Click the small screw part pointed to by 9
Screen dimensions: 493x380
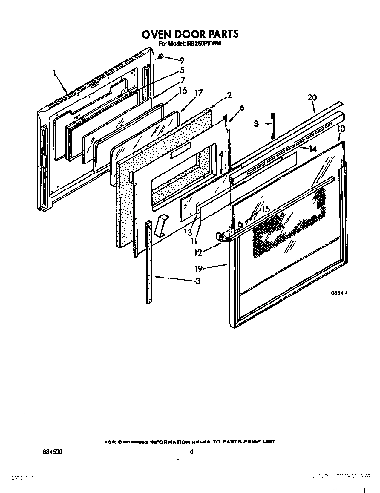pyautogui.click(x=160, y=56)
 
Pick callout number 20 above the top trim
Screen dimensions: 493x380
pyautogui.click(x=312, y=97)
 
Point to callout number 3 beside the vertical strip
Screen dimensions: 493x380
pyautogui.click(x=197, y=281)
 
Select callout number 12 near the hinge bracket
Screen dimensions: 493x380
pyautogui.click(x=198, y=253)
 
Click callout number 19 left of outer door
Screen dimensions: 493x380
pyautogui.click(x=199, y=269)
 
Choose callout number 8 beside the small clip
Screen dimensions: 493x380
pyautogui.click(x=256, y=123)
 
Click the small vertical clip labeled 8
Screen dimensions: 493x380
pyautogui.click(x=272, y=126)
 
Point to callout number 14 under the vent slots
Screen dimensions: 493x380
pyautogui.click(x=313, y=148)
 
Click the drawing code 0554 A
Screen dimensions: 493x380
pyautogui.click(x=339, y=293)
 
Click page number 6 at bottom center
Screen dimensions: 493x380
pyautogui.click(x=191, y=452)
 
